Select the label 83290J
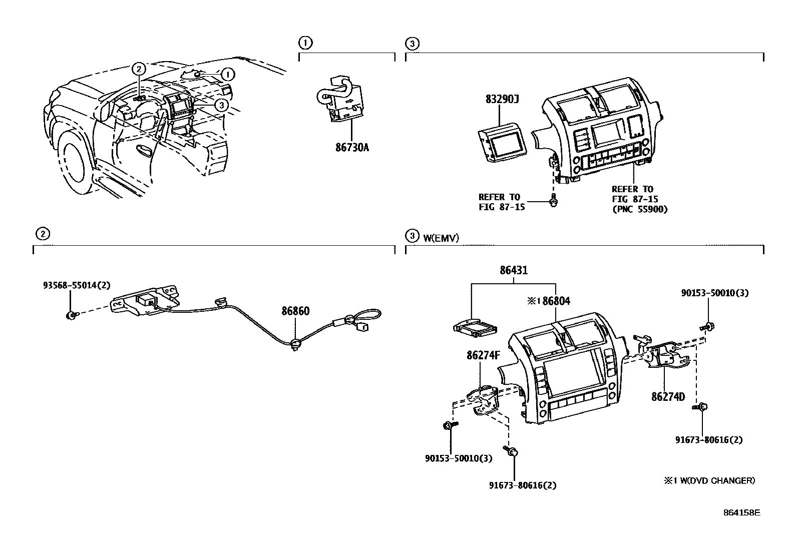coord(501,99)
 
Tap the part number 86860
coord(295,311)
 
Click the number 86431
coord(513,271)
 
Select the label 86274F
coord(483,355)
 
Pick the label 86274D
coord(668,397)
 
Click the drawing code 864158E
coord(741,512)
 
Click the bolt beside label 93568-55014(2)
coord(71,315)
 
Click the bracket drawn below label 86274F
coord(484,398)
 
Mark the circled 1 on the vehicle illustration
coord(227,75)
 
